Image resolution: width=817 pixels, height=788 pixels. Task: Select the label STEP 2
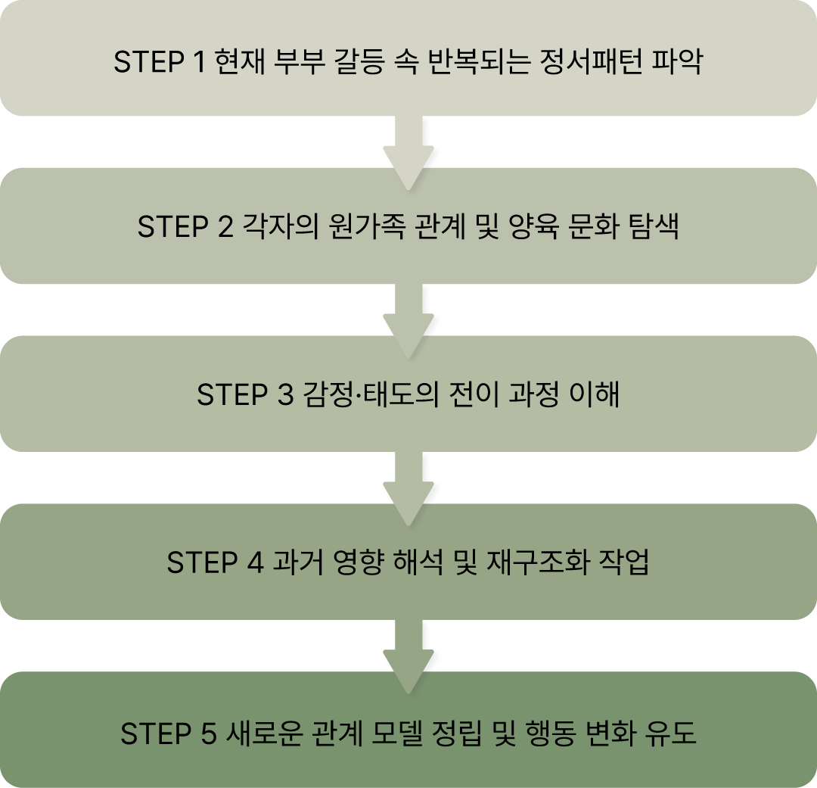click(185, 227)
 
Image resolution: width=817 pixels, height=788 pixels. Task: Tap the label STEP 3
click(244, 395)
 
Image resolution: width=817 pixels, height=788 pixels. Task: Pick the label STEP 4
click(214, 563)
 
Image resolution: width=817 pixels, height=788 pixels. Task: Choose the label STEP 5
click(168, 733)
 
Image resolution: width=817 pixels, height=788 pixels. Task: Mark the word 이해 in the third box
click(595, 395)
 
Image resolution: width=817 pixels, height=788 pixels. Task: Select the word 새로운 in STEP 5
click(266, 733)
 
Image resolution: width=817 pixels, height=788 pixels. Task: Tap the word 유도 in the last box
click(672, 733)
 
